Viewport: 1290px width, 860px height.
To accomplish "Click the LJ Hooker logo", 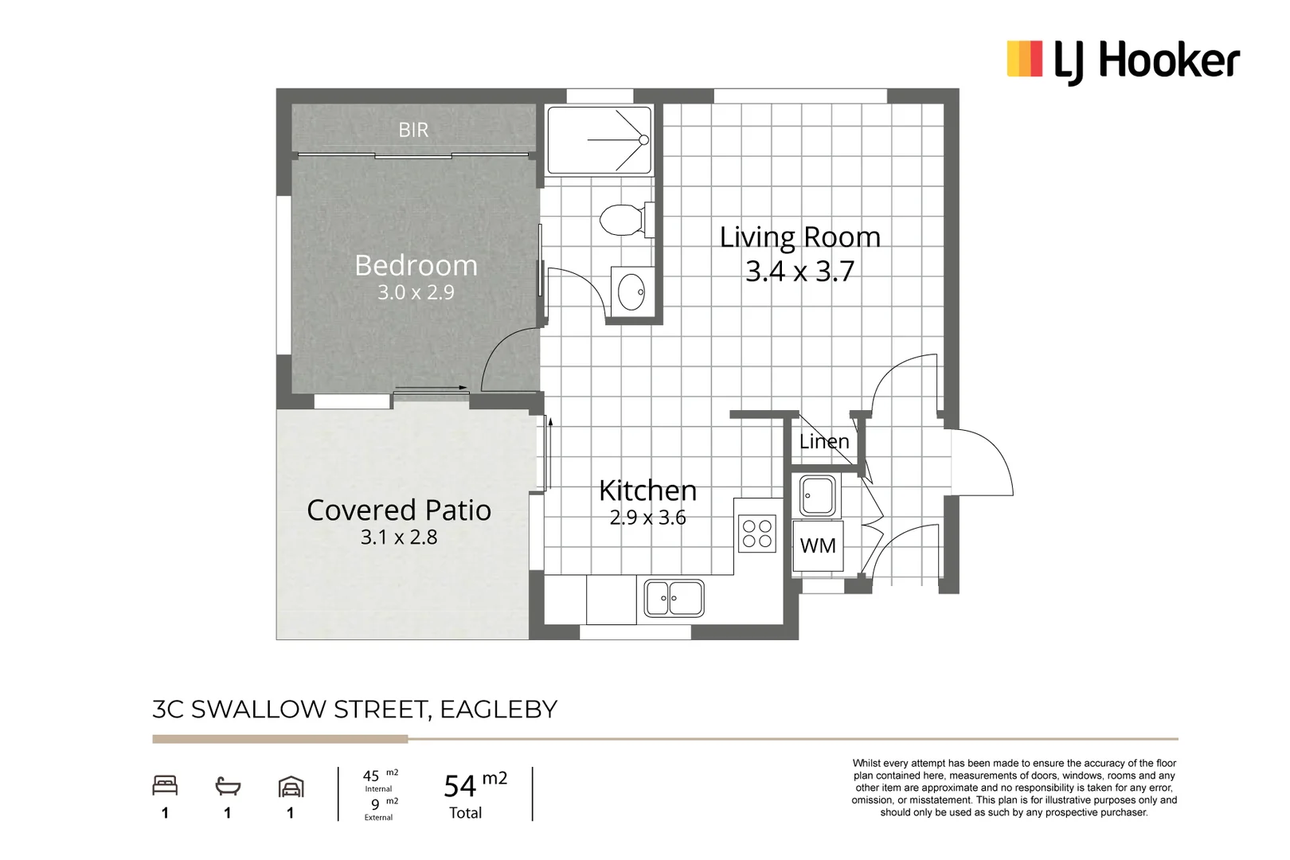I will (1123, 61).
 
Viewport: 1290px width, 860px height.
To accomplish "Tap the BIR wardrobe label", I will (413, 130).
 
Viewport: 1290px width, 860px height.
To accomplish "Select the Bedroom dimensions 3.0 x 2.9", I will (416, 292).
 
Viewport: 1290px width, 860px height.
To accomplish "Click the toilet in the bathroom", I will (622, 220).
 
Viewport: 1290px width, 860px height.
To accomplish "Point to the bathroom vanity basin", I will (632, 291).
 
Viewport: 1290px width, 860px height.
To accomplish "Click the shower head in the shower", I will (643, 140).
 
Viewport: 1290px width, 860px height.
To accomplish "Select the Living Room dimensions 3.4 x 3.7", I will (799, 272).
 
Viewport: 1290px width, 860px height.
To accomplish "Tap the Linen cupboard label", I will (824, 441).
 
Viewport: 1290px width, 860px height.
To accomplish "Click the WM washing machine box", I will (818, 546).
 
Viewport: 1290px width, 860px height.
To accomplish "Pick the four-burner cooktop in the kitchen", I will (757, 534).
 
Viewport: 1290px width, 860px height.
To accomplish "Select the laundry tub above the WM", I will (818, 496).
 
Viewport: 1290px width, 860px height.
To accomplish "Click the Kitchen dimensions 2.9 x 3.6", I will (647, 518).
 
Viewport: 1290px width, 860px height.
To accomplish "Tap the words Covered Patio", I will (399, 510).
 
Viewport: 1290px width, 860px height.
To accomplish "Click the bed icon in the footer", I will (165, 786).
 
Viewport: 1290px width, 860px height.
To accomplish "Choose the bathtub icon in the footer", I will (228, 787).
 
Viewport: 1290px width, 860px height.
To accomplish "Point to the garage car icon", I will (291, 787).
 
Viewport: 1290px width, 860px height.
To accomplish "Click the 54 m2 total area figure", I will (475, 785).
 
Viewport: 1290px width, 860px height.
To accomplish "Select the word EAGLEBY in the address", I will (498, 709).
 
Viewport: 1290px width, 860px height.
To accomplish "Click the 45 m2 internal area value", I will (372, 776).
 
